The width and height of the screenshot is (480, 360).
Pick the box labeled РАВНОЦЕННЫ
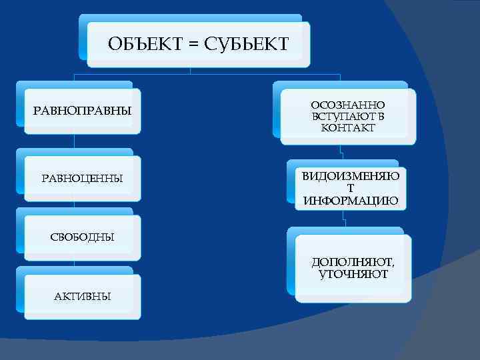(x=83, y=179)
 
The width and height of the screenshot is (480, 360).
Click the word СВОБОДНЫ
(x=83, y=237)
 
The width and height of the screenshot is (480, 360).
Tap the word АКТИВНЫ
(x=83, y=296)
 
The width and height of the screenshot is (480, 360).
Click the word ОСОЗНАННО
(x=347, y=105)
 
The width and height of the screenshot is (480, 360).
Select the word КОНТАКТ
(x=347, y=128)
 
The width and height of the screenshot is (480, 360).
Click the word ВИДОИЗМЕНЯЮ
(x=351, y=177)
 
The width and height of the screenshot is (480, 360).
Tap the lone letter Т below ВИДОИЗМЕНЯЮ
(x=351, y=189)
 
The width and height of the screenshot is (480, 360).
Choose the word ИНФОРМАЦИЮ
(x=351, y=200)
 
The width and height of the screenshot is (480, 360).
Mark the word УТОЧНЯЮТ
(x=353, y=274)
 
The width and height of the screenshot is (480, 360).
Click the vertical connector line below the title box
(x=191, y=70)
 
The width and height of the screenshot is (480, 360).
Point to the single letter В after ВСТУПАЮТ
(x=381, y=117)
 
